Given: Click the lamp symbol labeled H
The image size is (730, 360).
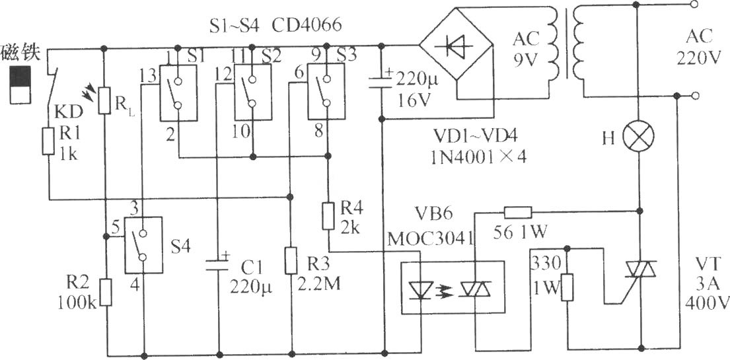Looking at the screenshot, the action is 639,137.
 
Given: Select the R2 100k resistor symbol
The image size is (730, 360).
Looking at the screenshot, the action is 106,292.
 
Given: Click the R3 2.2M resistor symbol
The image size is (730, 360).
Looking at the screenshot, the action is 291,261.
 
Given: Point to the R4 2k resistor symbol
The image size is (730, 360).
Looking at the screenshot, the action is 328,216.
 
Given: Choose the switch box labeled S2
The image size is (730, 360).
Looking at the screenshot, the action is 252,92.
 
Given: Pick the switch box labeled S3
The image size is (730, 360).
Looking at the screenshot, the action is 326,92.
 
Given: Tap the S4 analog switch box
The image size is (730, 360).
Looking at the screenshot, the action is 143,245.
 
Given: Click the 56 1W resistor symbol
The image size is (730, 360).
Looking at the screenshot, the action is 518,213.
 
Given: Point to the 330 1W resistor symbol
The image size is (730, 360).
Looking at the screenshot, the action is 567,287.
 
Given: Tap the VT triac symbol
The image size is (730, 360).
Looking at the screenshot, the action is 639,270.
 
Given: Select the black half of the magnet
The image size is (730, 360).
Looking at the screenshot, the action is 20,77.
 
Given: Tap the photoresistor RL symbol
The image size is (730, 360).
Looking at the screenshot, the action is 104,100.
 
